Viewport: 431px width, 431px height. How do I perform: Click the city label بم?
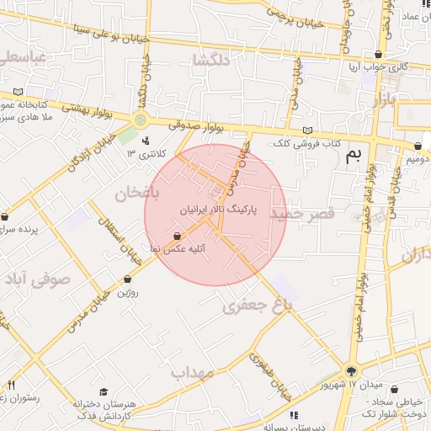pyautogui.click(x=357, y=152)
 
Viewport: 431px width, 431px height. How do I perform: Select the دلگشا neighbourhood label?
pyautogui.click(x=210, y=61)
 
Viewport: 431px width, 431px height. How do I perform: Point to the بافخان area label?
pyautogui.click(x=131, y=193)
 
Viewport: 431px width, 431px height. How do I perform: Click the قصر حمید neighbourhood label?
pyautogui.click(x=302, y=215)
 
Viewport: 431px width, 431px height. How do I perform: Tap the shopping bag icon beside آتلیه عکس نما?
pyautogui.click(x=178, y=237)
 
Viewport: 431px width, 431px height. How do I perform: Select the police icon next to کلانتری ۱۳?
pyautogui.click(x=146, y=141)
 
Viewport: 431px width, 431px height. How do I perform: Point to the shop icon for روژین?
pyautogui.click(x=127, y=279)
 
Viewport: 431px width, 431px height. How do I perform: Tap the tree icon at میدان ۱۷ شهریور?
pyautogui.click(x=351, y=371)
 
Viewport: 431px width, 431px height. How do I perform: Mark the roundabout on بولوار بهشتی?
pyautogui.click(x=140, y=120)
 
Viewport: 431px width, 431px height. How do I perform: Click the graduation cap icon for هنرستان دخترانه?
pyautogui.click(x=104, y=391)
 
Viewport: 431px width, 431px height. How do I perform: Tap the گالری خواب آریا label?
pyautogui.click(x=380, y=66)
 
